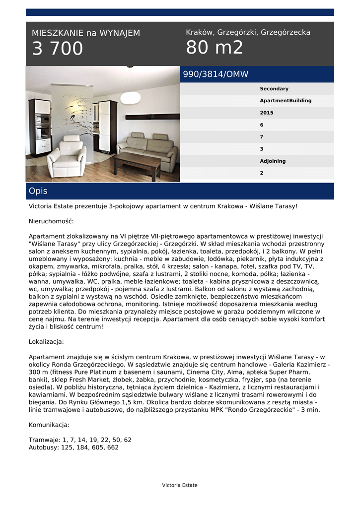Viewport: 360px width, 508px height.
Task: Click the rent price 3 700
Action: click(x=58, y=49)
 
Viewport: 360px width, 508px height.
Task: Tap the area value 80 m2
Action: click(x=215, y=48)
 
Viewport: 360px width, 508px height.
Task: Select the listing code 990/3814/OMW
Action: click(x=216, y=74)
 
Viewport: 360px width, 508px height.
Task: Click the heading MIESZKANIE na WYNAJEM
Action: click(x=86, y=33)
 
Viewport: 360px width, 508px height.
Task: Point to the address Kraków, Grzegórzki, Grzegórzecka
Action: click(x=248, y=32)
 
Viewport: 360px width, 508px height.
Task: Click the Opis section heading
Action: click(x=38, y=191)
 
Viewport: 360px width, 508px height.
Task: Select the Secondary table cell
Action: click(x=274, y=89)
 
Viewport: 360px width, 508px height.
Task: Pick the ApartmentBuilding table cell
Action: click(x=286, y=101)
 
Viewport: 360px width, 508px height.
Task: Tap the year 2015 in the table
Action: click(x=267, y=113)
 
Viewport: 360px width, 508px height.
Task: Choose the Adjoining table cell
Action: click(x=273, y=161)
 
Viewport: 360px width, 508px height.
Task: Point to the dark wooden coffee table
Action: click(x=137, y=163)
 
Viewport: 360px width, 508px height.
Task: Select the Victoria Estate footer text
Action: click(x=180, y=485)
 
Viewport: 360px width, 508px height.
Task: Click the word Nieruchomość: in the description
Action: click(x=51, y=221)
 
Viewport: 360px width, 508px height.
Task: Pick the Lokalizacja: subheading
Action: click(x=46, y=342)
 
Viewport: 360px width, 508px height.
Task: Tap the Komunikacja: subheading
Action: click(x=49, y=425)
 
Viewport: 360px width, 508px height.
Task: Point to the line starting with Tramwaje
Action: click(x=80, y=440)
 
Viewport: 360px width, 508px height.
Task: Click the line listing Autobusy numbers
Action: click(x=73, y=447)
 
